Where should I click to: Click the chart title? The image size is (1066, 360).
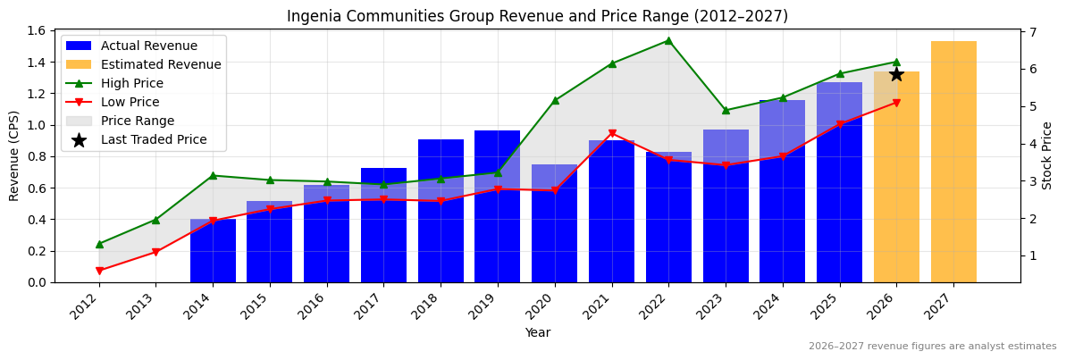537,16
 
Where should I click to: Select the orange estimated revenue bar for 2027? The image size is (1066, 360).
953,162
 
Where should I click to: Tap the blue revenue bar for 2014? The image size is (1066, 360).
213,251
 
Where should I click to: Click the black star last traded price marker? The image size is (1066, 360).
896,74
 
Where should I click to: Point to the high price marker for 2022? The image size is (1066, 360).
668,40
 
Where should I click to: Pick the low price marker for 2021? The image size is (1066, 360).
612,134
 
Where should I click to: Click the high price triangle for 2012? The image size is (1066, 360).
99,244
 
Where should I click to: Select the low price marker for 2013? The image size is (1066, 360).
155,252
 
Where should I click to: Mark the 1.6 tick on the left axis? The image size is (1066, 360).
38,30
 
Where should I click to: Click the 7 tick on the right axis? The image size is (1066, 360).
1032,32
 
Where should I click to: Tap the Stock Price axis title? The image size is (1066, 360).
1047,155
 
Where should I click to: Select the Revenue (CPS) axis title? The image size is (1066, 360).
14,155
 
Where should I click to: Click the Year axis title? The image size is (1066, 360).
537,332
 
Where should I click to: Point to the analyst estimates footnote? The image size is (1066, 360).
932,347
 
